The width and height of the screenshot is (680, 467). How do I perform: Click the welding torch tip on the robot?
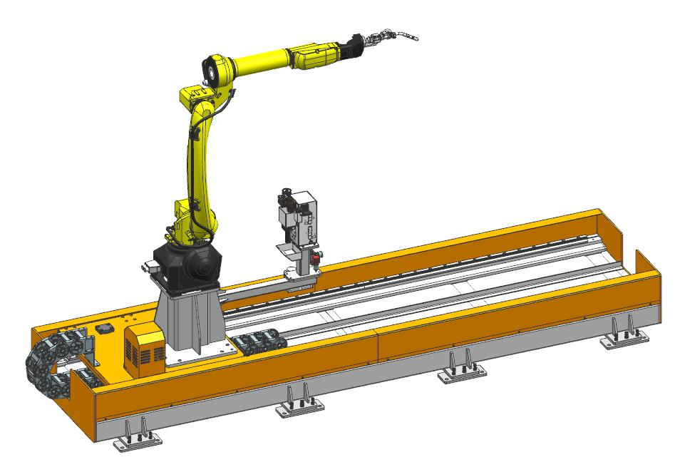tap(412, 37)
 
